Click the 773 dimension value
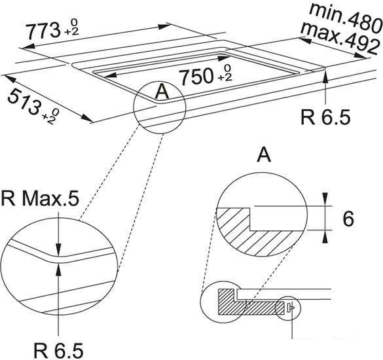click(43, 31)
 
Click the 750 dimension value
click(196, 77)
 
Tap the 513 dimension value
click(24, 101)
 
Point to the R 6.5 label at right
click(325, 117)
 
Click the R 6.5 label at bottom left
click(58, 351)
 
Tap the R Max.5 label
click(41, 198)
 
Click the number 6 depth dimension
click(348, 219)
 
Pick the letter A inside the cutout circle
click(162, 91)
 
